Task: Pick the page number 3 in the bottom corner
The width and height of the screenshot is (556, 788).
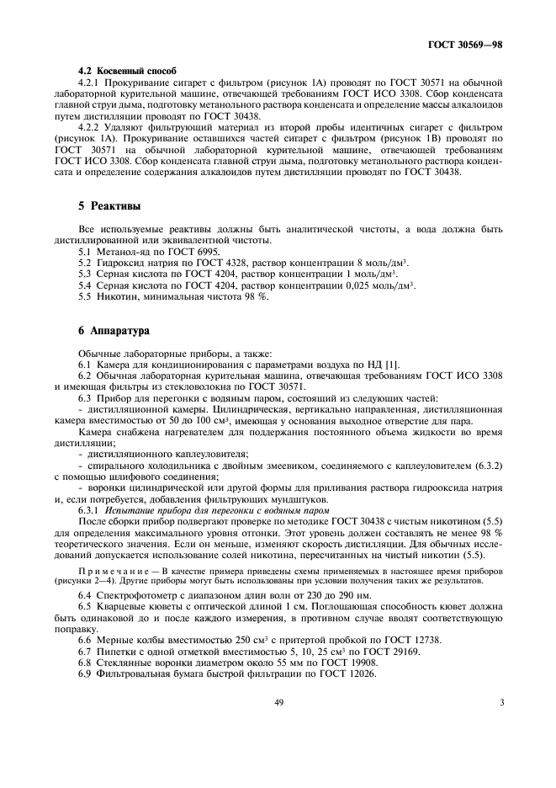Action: pyautogui.click(x=500, y=701)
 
